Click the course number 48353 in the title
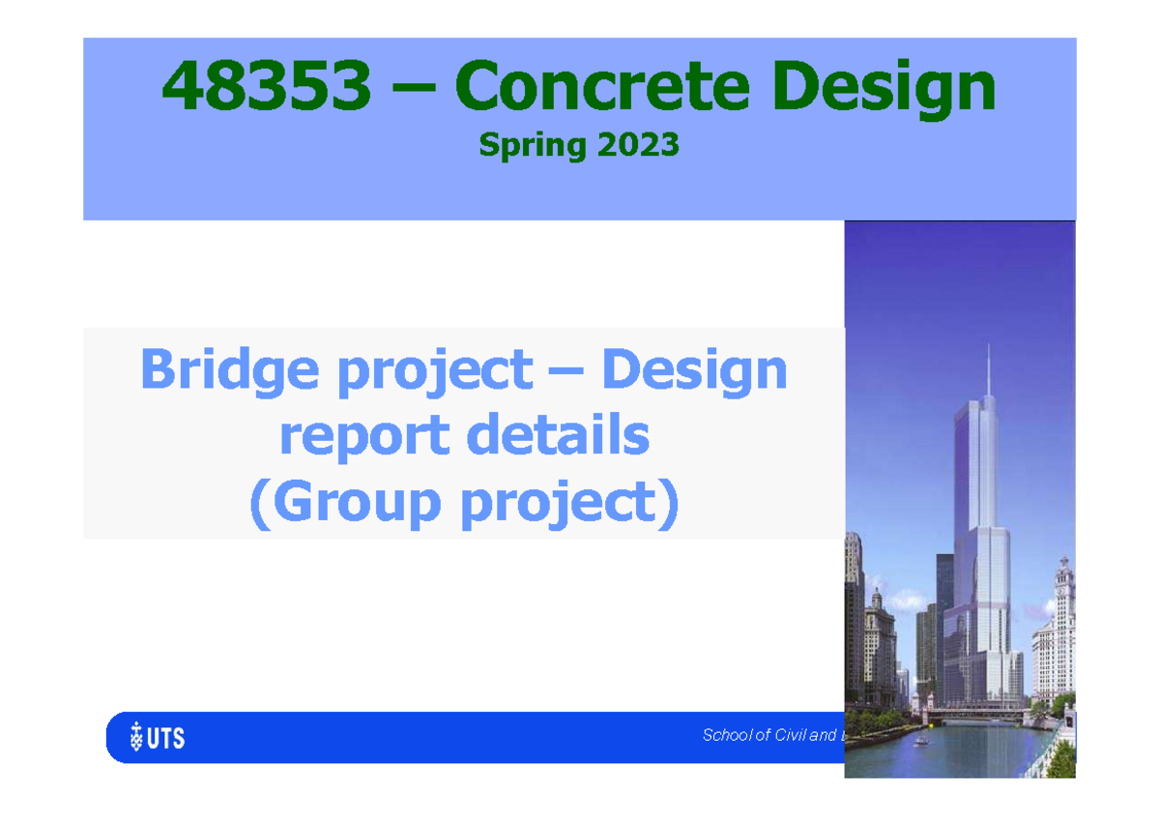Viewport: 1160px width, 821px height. pos(266,86)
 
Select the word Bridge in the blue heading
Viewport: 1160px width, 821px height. pos(232,370)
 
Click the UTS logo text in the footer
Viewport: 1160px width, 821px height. pos(168,740)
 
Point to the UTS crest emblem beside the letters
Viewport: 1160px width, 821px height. pos(136,739)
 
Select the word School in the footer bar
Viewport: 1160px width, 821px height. pos(728,736)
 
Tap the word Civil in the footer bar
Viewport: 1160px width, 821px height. pos(792,736)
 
